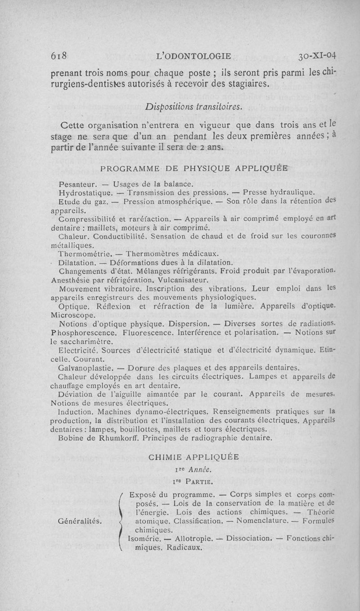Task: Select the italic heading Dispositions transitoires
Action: (194, 107)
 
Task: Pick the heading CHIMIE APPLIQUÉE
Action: (193, 457)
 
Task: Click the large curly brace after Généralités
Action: (120, 521)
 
